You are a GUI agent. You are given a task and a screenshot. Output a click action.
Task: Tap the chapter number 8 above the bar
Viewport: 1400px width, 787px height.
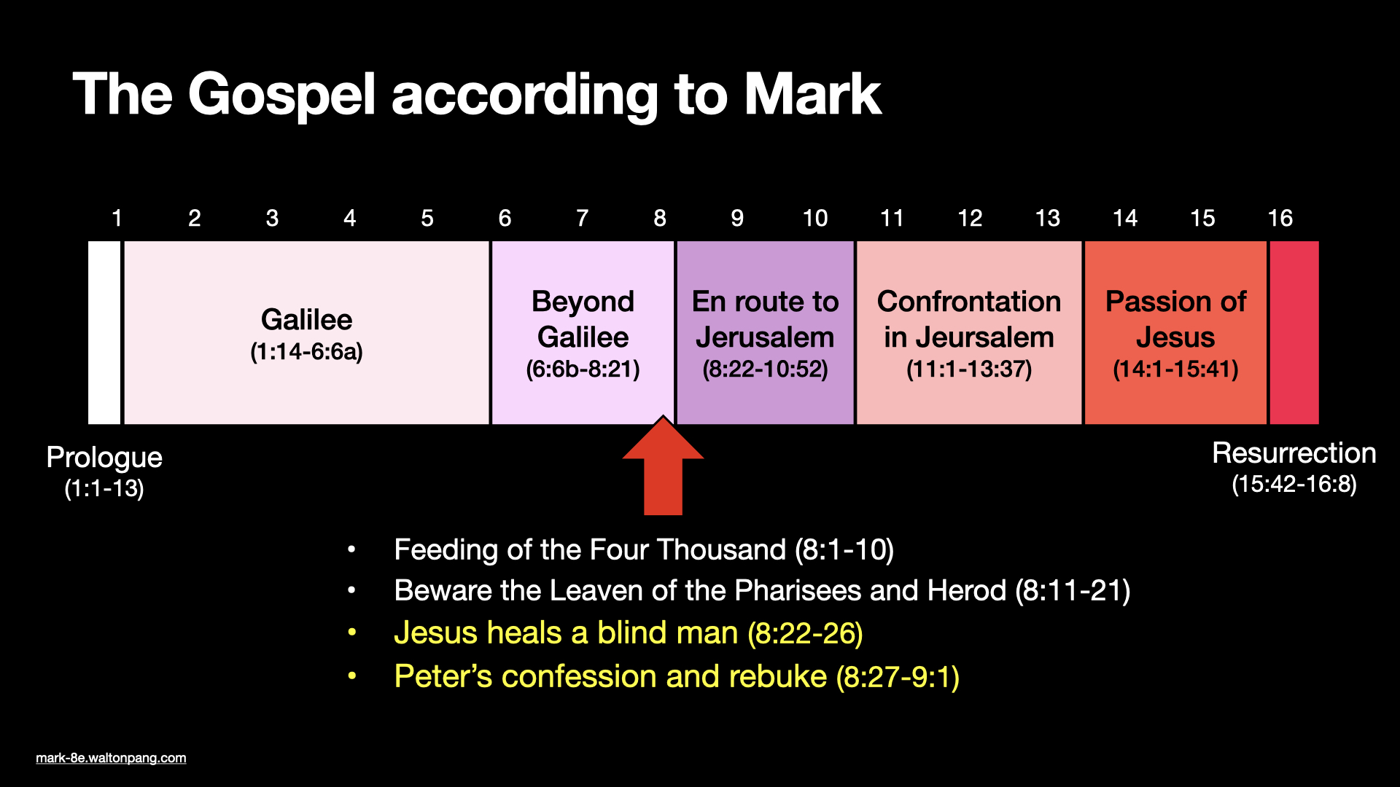tap(659, 218)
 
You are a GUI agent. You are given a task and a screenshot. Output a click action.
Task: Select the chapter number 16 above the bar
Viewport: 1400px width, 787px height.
tap(1280, 218)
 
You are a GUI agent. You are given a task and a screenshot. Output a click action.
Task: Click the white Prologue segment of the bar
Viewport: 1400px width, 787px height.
tap(104, 332)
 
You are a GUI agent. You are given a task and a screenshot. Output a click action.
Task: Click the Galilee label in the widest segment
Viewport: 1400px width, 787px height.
tap(306, 320)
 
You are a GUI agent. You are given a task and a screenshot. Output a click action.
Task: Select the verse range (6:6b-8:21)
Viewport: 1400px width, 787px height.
tap(583, 369)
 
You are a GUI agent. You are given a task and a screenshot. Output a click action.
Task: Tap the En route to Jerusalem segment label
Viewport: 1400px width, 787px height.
tap(765, 319)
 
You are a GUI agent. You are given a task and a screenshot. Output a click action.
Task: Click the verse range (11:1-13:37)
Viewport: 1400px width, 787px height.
tap(968, 369)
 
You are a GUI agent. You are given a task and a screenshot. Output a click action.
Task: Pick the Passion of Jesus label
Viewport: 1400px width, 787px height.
tap(1175, 319)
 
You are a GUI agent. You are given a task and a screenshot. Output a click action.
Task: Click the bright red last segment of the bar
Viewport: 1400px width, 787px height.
tap(1294, 332)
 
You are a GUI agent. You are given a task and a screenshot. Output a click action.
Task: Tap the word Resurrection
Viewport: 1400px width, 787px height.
tap(1294, 453)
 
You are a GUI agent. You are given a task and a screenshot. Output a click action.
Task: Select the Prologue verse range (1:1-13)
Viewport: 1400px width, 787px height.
tap(104, 488)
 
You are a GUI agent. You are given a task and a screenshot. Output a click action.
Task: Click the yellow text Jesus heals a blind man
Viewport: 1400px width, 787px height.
tap(566, 633)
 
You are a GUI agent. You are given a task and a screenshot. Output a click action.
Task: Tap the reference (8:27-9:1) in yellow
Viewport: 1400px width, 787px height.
tap(897, 677)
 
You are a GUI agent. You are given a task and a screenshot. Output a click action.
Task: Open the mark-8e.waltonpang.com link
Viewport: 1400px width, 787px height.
tap(111, 758)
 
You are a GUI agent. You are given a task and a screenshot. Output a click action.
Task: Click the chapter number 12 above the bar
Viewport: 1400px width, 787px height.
tap(970, 218)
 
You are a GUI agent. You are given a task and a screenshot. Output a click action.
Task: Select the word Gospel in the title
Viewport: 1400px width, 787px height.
tap(281, 95)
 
